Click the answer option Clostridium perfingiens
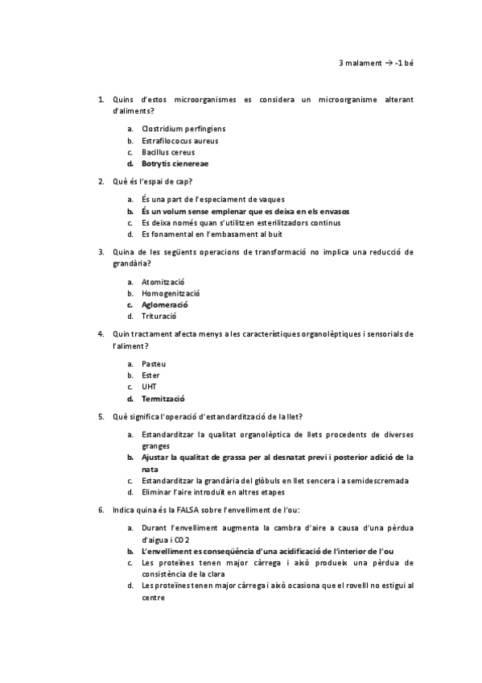coord(183,129)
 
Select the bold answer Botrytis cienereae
coord(175,164)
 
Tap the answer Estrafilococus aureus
coord(179,140)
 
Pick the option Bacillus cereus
coord(167,152)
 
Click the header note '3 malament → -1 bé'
coord(376,62)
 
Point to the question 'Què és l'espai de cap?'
coord(153,181)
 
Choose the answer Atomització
coord(163,282)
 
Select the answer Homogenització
coord(171,293)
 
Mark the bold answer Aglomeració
coord(164,305)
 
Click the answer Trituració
coord(160,317)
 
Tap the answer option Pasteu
coord(153,364)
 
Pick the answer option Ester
coord(150,375)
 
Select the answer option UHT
coord(149,387)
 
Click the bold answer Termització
coord(163,399)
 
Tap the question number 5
coord(101,416)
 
